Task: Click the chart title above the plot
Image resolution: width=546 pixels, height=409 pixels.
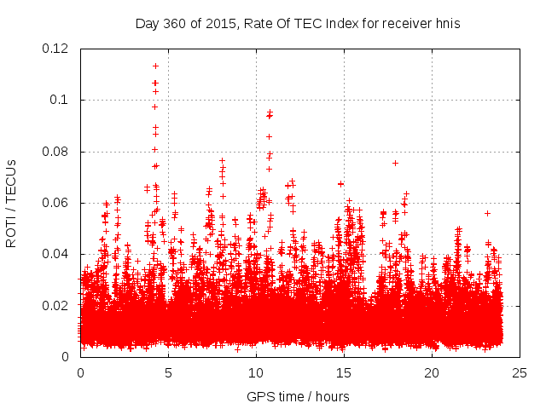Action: point(298,24)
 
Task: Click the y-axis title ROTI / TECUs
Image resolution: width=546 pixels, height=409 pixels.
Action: point(12,203)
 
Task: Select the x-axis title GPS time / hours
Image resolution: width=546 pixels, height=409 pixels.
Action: point(298,396)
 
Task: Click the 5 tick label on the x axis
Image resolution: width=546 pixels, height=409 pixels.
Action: point(168,372)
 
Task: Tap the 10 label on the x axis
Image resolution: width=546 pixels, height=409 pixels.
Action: point(256,372)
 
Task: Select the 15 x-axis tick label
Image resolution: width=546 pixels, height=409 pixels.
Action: point(344,372)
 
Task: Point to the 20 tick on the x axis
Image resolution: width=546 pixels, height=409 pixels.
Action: point(432,372)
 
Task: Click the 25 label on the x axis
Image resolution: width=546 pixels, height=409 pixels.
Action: point(520,372)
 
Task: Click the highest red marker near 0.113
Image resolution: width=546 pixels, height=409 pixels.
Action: point(155,66)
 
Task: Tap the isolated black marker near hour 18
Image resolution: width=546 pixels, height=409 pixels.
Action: point(395,163)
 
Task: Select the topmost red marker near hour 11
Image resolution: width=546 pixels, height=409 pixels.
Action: point(270,112)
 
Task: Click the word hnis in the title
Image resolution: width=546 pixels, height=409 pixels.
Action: point(446,24)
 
